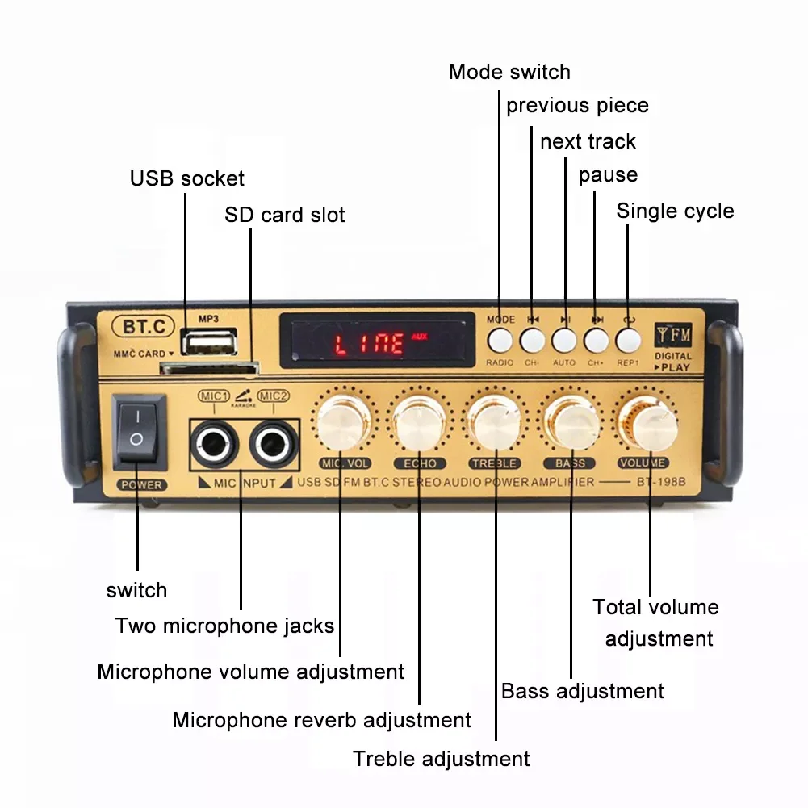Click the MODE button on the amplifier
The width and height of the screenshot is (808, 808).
pos(500,340)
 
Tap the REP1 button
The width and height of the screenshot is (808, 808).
pos(628,340)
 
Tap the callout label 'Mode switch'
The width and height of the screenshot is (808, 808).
pos(509,72)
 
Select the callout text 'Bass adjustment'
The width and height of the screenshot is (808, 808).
pos(582,692)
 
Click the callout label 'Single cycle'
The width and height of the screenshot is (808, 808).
pos(675,211)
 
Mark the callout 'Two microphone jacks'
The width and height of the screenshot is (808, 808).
pos(224,626)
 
